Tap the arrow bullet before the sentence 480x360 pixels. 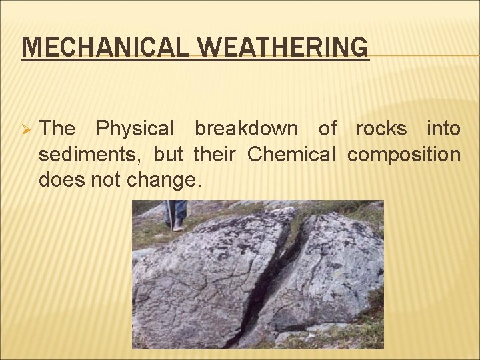coord(26,129)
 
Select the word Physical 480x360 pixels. coord(135,128)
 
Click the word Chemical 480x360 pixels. coord(291,154)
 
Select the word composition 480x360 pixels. coord(403,155)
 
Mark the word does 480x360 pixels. coord(59,179)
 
